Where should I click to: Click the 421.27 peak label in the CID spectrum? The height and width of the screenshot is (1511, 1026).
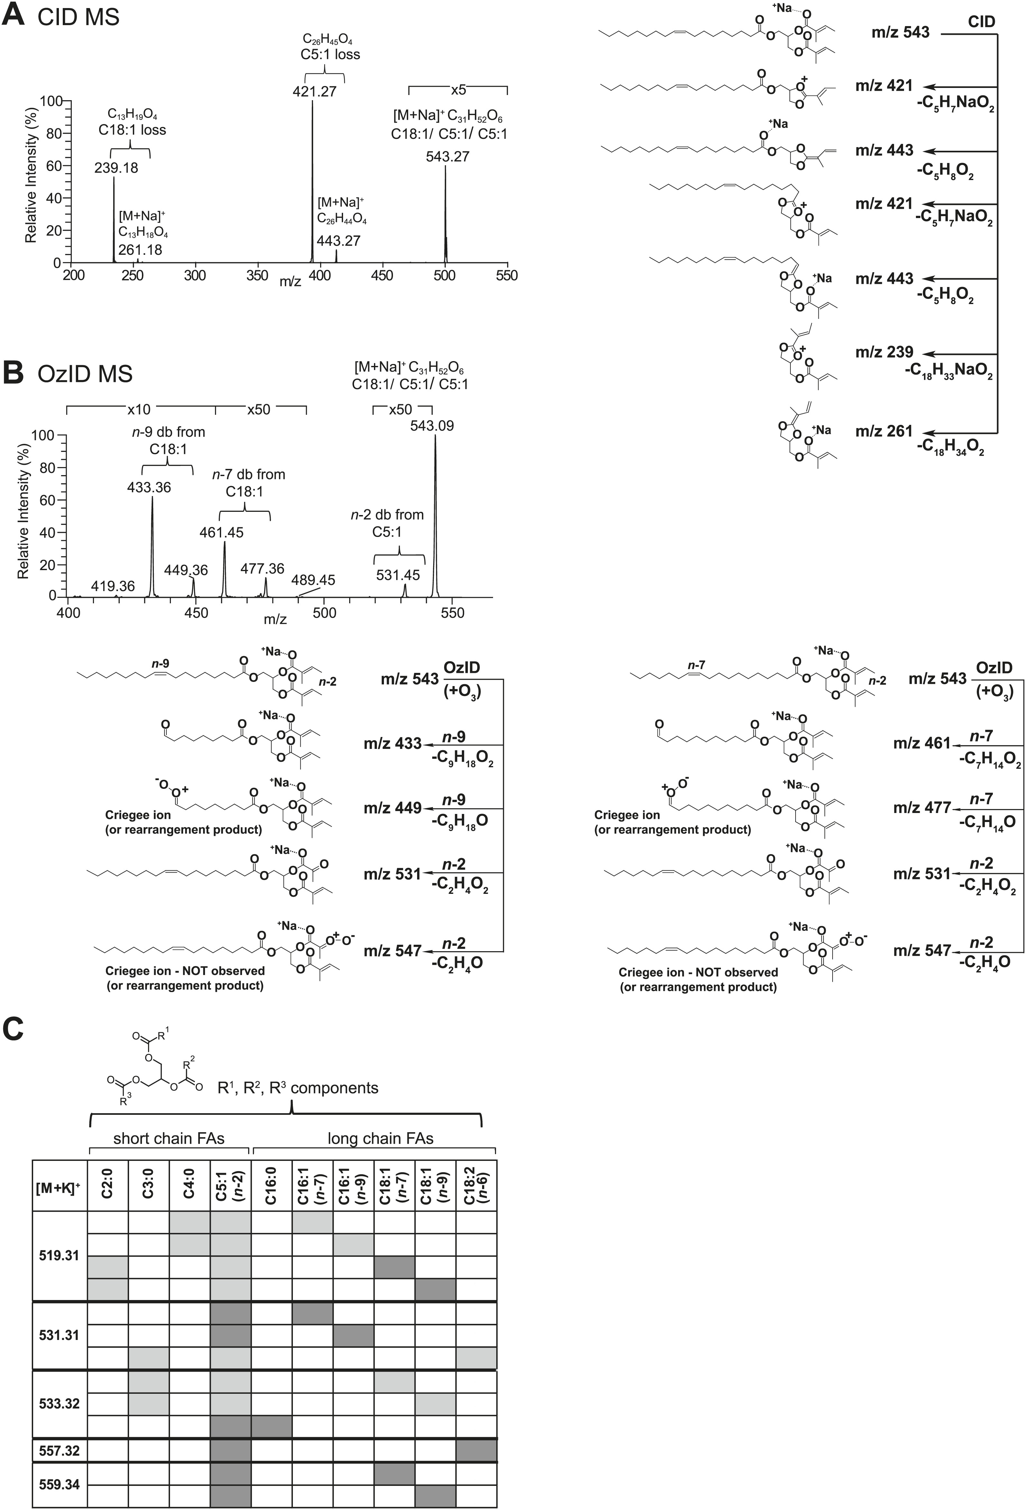click(x=314, y=91)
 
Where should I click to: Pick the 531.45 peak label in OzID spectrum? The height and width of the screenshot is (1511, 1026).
click(x=398, y=575)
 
